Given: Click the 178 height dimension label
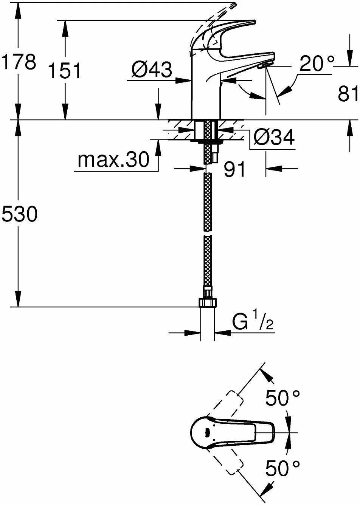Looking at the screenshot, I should tap(19, 61).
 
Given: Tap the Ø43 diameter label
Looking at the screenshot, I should tap(152, 70).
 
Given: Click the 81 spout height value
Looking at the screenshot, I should tap(348, 93).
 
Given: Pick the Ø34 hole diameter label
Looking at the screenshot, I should tap(274, 138).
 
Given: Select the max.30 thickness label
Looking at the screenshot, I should tap(113, 160).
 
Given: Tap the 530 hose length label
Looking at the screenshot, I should tap(19, 215).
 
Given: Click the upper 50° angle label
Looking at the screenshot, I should tap(282, 398).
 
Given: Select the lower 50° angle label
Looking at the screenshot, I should tap(282, 468).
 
